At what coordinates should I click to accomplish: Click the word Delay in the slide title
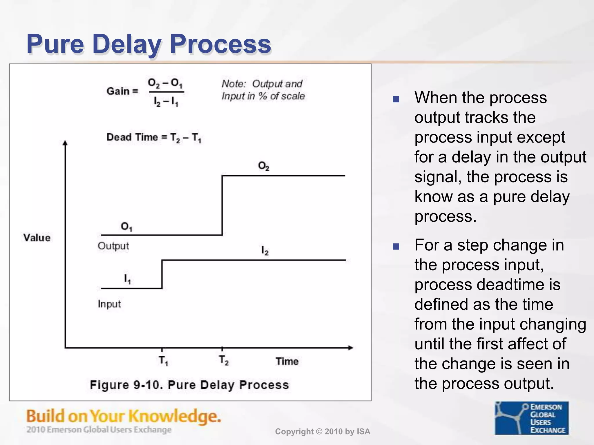(x=127, y=44)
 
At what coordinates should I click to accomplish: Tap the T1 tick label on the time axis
(x=163, y=361)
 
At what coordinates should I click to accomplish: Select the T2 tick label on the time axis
(x=224, y=360)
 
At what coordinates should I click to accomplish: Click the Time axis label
(x=287, y=361)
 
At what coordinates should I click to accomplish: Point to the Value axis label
(x=37, y=238)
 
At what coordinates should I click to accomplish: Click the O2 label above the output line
(x=264, y=166)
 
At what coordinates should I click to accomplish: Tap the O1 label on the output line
(x=126, y=226)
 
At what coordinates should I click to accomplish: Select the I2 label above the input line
(x=265, y=250)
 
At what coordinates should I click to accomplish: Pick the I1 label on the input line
(x=127, y=279)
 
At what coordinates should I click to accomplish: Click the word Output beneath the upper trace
(x=113, y=246)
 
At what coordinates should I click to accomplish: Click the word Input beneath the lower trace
(x=109, y=304)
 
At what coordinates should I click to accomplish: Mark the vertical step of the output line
(x=222, y=205)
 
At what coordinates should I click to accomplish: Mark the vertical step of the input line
(x=162, y=274)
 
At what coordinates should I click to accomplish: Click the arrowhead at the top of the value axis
(x=65, y=143)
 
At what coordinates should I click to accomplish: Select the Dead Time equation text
(x=154, y=137)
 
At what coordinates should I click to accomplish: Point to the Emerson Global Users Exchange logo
(x=532, y=418)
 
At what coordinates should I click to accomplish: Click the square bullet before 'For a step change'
(x=396, y=247)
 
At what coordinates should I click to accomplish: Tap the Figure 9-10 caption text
(x=189, y=385)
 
